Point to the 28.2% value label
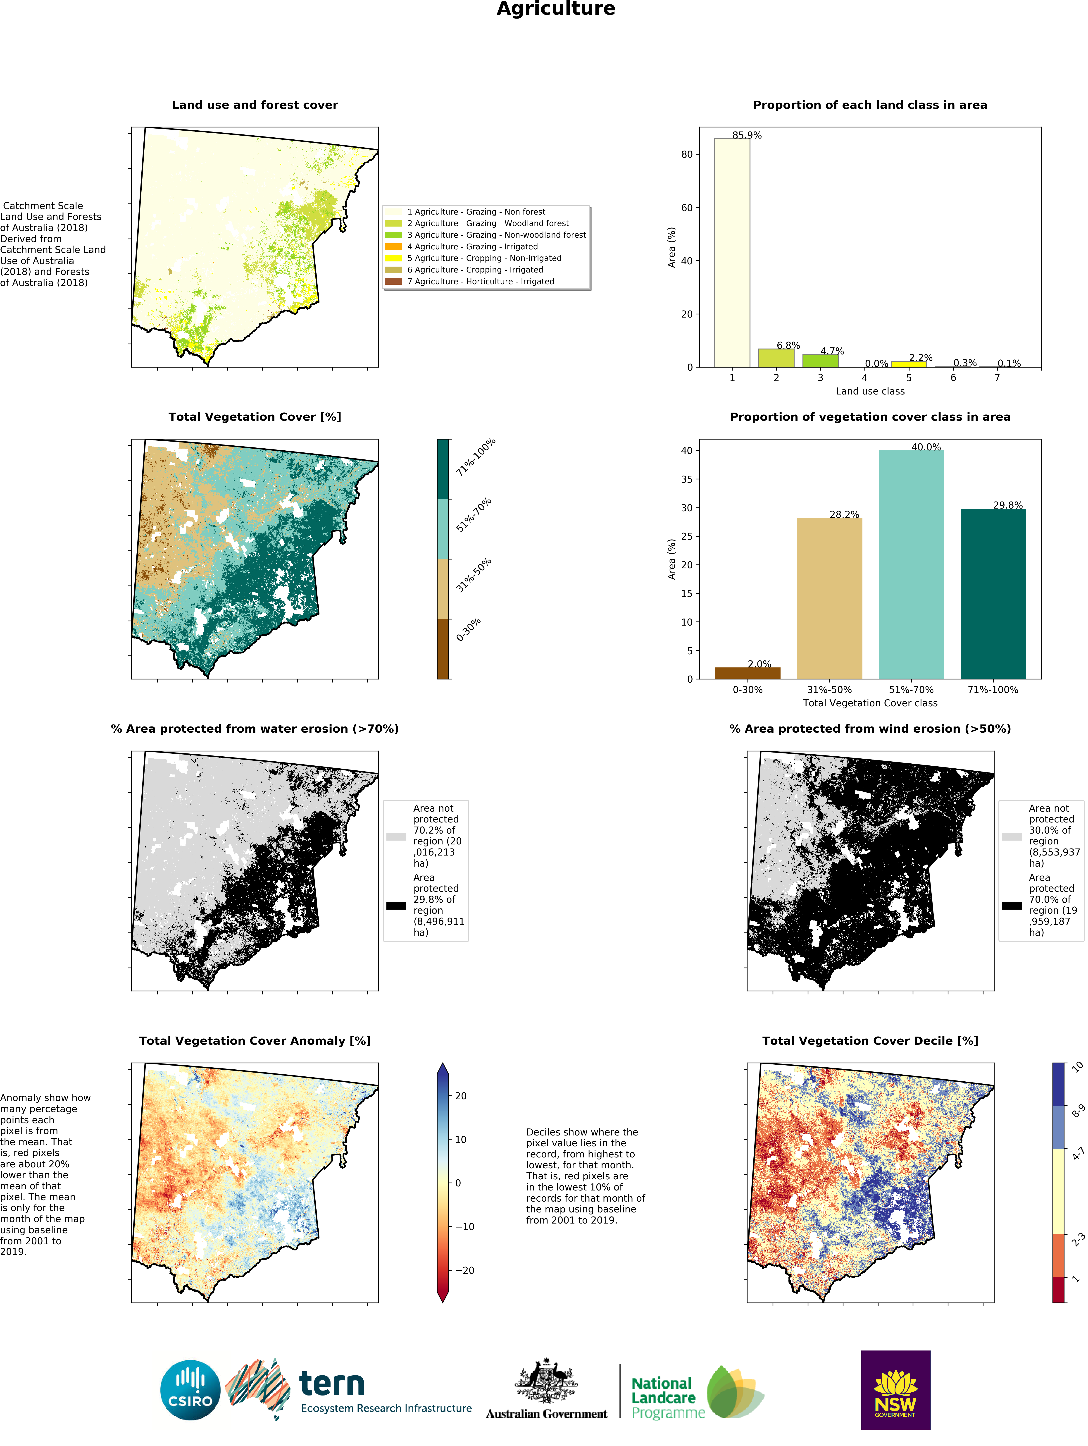pos(844,514)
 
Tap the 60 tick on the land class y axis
pos(686,208)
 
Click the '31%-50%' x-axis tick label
pos(829,690)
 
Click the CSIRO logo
pos(190,1390)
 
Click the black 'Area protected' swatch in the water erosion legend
pos(396,905)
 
